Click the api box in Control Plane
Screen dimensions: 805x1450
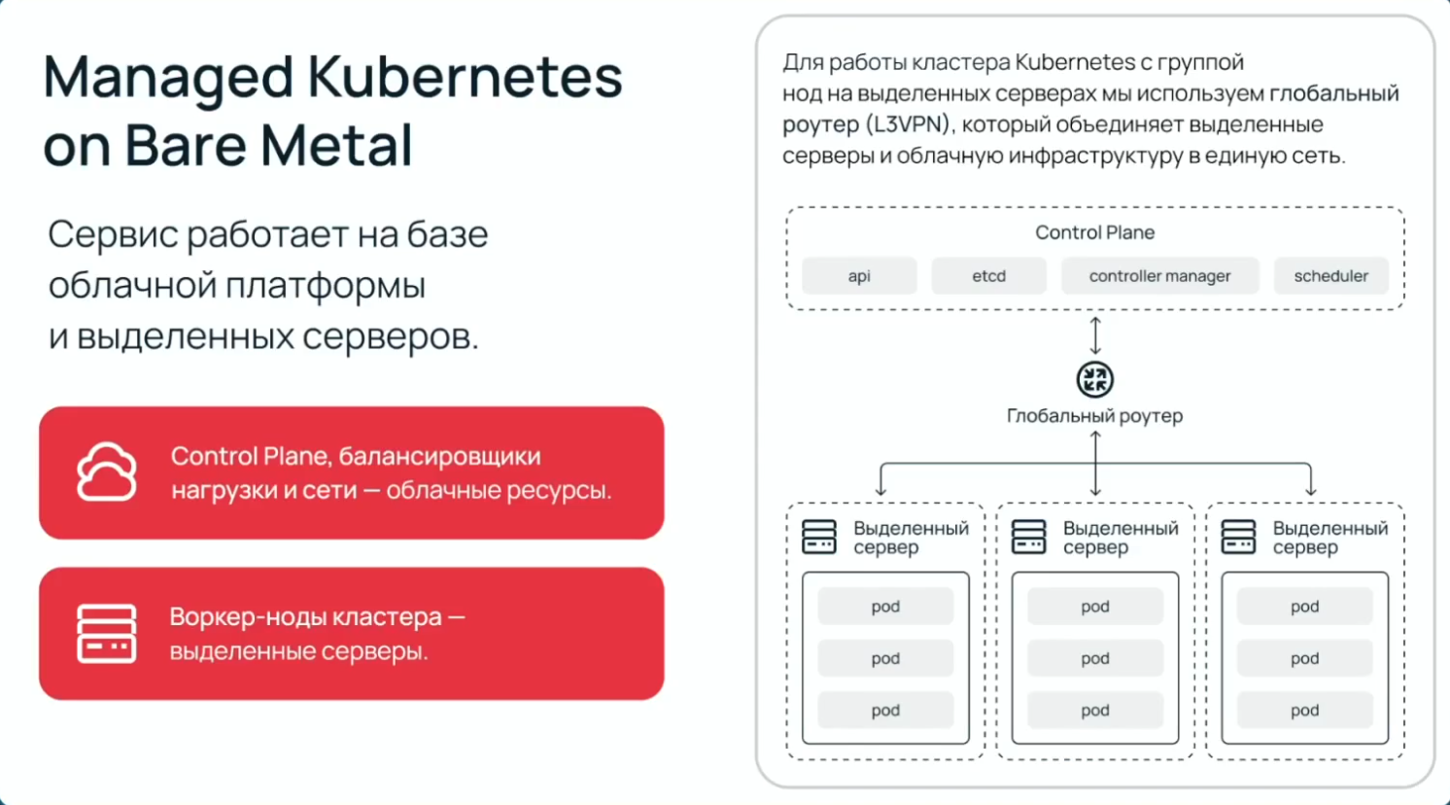pos(859,276)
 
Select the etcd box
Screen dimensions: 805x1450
pos(988,276)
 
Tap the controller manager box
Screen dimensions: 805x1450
pos(1159,276)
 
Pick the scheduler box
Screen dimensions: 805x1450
pos(1330,276)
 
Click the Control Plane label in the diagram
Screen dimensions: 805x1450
pos(1094,232)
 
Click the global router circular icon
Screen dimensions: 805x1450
pos(1095,379)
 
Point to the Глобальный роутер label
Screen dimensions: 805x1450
pos(1094,416)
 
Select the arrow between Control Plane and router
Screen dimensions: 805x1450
pos(1095,335)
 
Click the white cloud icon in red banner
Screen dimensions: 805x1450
pos(107,472)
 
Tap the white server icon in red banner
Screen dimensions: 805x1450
pos(107,634)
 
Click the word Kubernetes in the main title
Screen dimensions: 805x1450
pos(465,78)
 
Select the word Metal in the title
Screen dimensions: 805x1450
pos(336,146)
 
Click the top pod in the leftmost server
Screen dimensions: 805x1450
pos(885,607)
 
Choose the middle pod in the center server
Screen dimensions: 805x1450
pos(1095,659)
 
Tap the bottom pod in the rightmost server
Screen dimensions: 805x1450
pos(1304,711)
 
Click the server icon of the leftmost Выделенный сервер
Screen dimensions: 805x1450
pos(819,537)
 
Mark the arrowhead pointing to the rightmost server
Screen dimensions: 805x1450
pos(1310,491)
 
